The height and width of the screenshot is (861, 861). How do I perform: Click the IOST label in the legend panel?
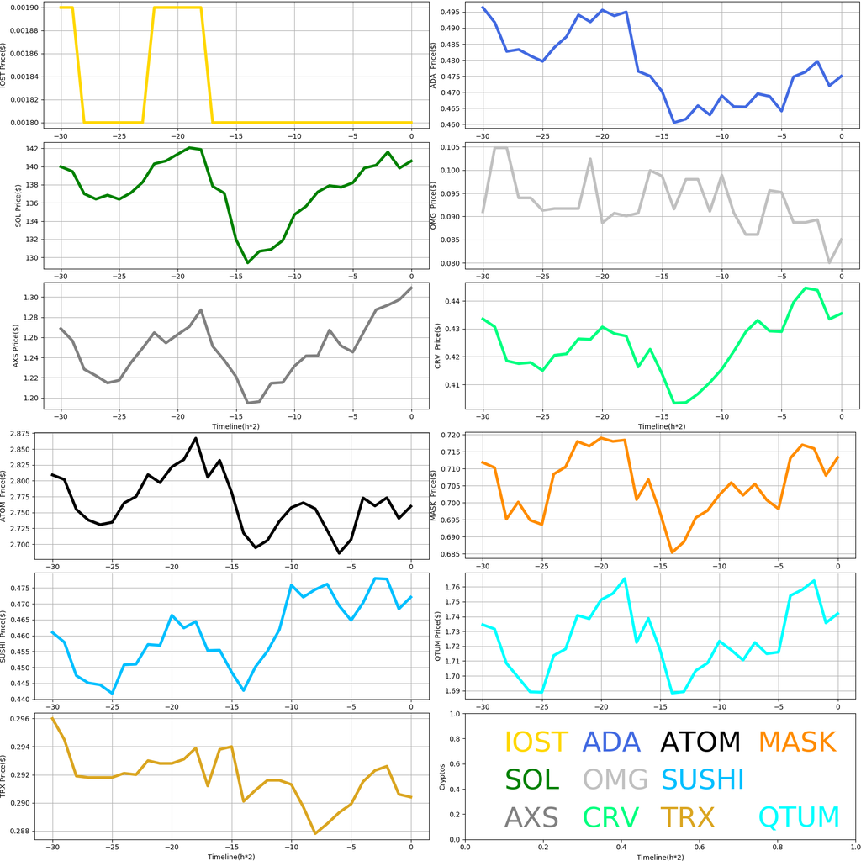point(536,742)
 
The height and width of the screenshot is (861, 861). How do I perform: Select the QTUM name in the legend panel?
point(799,816)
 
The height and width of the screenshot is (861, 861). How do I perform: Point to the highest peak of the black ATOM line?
point(196,438)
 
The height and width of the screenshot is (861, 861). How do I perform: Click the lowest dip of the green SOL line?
point(248,263)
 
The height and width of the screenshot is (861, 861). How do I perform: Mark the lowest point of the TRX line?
point(315,833)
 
